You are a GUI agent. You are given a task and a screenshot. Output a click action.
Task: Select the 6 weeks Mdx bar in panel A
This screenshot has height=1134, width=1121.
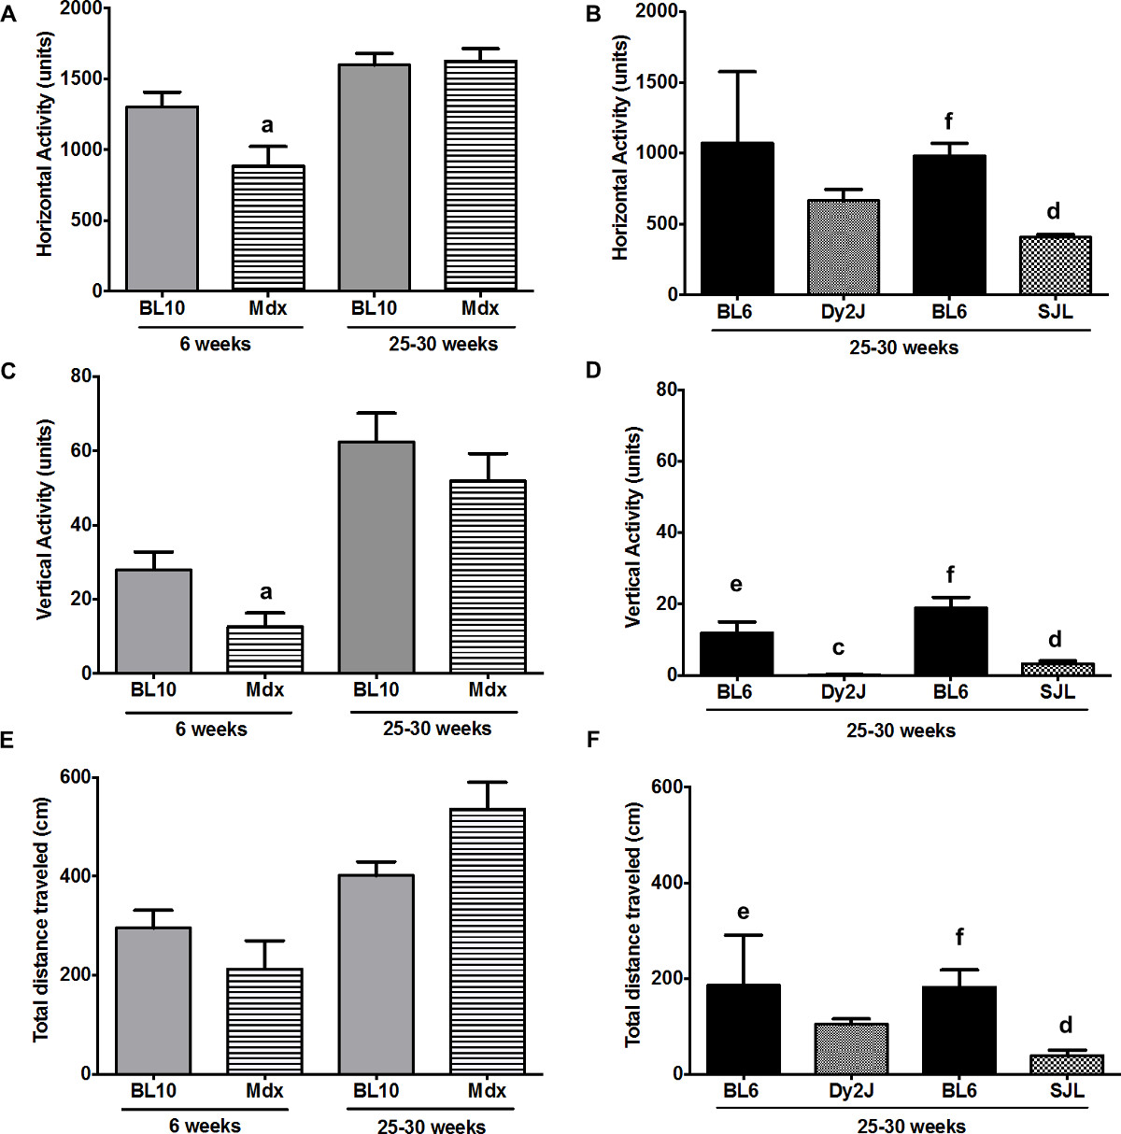268,228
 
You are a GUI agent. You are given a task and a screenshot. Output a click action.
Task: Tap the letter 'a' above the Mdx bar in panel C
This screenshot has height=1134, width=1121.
266,591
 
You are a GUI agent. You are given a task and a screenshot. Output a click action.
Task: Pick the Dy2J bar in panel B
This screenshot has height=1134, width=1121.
844,248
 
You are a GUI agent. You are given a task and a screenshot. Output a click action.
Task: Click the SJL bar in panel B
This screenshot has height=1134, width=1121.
1056,265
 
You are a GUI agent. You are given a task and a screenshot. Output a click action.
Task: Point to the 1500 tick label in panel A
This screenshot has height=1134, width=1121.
81,78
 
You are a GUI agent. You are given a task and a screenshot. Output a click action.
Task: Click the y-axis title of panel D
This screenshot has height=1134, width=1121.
633,527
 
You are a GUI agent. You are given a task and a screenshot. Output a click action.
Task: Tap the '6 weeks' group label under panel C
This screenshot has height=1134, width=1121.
211,729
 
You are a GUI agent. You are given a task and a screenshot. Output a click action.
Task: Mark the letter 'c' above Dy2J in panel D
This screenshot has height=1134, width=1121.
838,648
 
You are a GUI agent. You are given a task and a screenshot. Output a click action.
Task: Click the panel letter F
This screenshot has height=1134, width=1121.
591,741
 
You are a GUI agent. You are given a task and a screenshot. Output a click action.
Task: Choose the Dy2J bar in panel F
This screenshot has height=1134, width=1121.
851,1049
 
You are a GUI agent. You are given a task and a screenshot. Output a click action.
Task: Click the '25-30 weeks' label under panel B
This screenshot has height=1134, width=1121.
903,347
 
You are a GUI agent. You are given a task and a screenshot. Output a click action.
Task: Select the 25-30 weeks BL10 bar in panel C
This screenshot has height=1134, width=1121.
376,557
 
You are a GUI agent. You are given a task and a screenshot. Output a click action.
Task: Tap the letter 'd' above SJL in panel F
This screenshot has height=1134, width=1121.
1065,1025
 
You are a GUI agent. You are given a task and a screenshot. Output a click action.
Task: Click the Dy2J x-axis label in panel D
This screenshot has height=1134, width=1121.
844,692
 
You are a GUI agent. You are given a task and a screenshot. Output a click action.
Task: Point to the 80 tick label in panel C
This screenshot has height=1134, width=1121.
81,376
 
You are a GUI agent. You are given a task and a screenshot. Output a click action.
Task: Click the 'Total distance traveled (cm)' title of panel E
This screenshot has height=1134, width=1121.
41,919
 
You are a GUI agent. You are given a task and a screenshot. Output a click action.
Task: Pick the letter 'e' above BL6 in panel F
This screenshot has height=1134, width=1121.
743,912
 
